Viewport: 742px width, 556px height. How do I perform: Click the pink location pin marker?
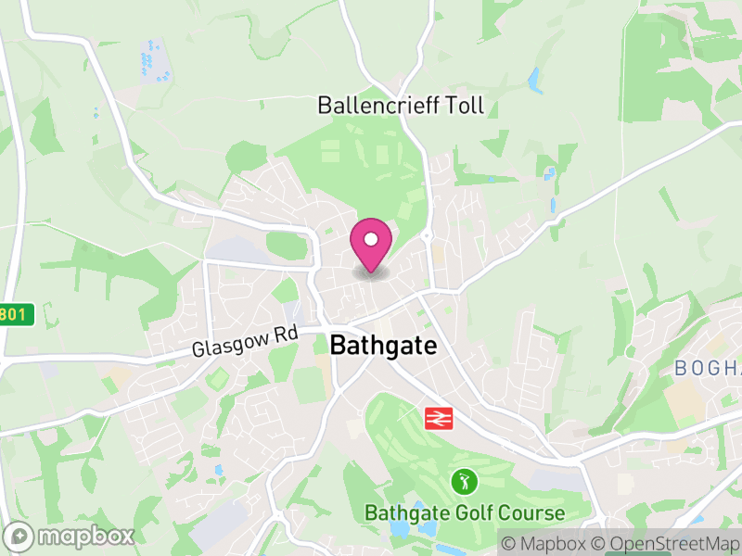pos(371,243)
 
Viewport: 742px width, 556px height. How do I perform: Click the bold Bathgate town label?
pos(382,346)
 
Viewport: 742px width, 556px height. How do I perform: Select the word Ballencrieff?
pos(375,105)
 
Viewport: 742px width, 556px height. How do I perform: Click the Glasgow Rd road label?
pos(244,343)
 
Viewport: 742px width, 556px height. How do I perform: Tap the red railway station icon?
pos(438,418)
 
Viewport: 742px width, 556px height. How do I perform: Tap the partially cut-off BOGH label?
pos(707,368)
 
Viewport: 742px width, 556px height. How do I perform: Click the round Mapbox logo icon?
pos(19,536)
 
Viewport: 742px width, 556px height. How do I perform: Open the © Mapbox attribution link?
pos(545,542)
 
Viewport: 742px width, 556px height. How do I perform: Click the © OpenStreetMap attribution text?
pos(665,542)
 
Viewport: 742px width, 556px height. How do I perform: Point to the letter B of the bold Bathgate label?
pos(339,346)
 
